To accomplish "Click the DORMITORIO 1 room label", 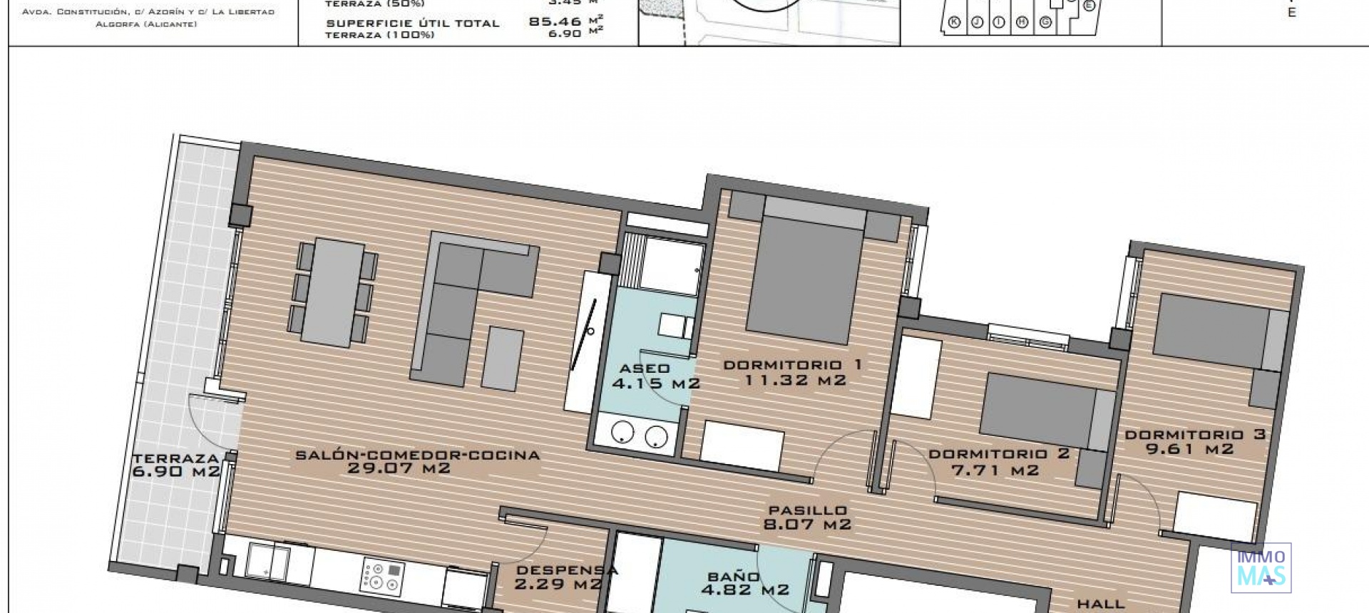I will [792, 365].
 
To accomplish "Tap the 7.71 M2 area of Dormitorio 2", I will [995, 470].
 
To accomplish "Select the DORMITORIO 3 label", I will [1195, 434].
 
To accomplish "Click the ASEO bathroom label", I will [645, 369].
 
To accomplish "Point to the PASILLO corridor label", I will [807, 510].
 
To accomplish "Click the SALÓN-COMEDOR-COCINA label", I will [418, 455].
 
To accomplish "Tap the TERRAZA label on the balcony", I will [175, 458].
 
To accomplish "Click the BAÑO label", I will [734, 576].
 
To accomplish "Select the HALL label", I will [1100, 604].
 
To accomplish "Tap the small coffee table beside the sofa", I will [503, 359].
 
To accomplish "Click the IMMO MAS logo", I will [1261, 568].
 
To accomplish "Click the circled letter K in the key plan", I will [954, 23].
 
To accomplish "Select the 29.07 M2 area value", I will [399, 468].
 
